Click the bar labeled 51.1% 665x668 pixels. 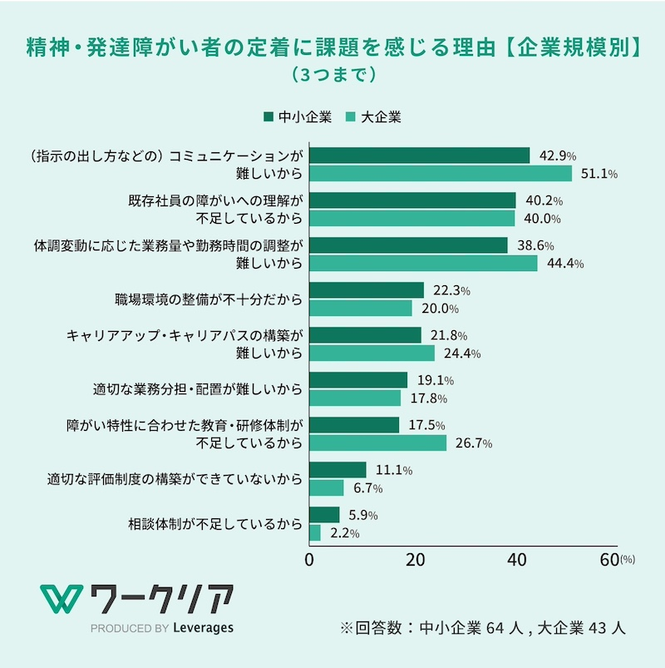pos(441,173)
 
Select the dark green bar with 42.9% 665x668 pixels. pos(419,156)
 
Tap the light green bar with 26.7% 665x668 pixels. pos(377,443)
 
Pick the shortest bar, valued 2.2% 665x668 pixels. pos(315,532)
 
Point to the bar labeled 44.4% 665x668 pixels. pos(423,263)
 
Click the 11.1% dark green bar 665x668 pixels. pos(337,470)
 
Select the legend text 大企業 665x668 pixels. pos(382,117)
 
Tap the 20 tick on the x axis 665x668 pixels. pos(414,560)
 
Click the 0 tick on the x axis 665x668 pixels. pos(310,560)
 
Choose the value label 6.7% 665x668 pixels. pos(367,488)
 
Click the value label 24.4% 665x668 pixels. pos(458,354)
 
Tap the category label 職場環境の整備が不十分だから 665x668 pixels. pos(208,299)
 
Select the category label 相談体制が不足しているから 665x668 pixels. pos(214,524)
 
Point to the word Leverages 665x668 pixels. pos(203,628)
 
